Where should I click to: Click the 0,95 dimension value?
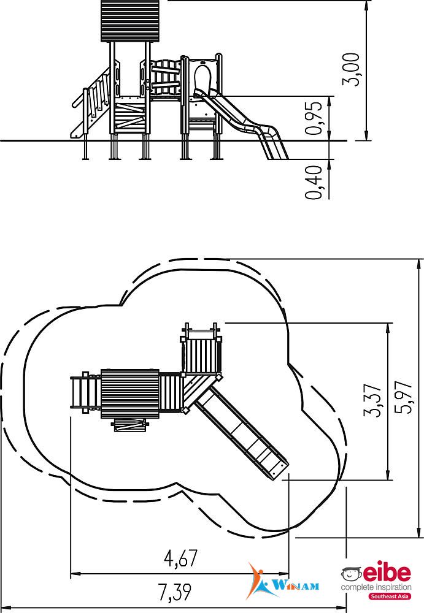[314, 118]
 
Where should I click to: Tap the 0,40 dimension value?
[314, 183]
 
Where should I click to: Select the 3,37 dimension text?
[372, 400]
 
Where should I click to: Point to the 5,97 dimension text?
[404, 397]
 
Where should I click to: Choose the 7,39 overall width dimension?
[175, 592]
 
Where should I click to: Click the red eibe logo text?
[387, 572]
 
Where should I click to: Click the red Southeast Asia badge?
[390, 596]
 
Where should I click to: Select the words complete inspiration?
[376, 587]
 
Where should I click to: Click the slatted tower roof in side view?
[130, 21]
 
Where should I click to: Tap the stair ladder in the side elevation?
[93, 103]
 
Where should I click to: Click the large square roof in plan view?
[130, 394]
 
